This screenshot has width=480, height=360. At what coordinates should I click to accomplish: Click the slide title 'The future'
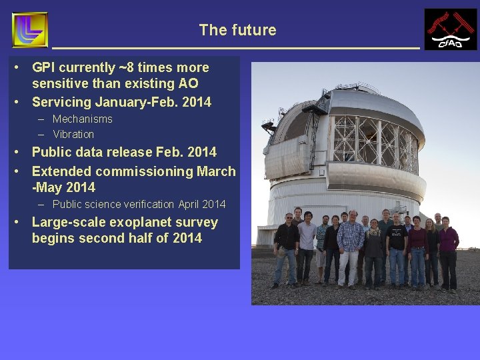(x=237, y=30)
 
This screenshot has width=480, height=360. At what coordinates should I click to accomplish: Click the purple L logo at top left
(x=30, y=30)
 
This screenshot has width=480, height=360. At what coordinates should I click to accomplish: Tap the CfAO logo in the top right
(x=451, y=29)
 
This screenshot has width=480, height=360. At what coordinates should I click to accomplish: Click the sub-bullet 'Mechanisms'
(x=82, y=119)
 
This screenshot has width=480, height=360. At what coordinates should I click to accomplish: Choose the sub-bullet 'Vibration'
(x=73, y=134)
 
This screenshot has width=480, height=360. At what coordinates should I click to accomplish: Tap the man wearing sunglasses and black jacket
(x=287, y=247)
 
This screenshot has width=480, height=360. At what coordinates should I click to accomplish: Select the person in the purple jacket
(x=449, y=250)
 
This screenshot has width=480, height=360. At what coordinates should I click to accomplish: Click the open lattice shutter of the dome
(x=373, y=140)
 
